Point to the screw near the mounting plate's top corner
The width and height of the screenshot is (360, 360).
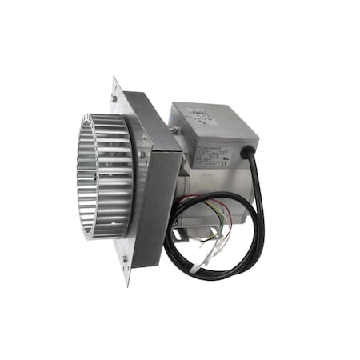tap(117, 99)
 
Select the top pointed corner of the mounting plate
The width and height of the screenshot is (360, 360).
tap(114, 78)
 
